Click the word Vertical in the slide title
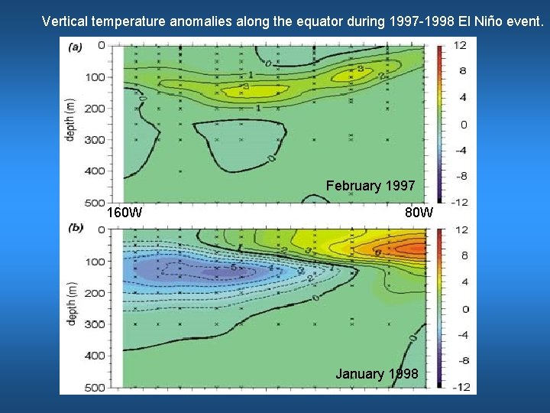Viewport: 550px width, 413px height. point(65,21)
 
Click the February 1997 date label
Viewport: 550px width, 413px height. point(370,186)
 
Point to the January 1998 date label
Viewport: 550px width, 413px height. point(377,374)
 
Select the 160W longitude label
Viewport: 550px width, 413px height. point(124,212)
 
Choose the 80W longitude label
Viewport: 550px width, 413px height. point(419,212)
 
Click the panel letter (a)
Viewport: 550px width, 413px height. point(76,47)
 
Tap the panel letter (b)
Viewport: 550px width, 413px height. point(76,227)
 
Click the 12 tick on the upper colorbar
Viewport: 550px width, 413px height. point(461,46)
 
